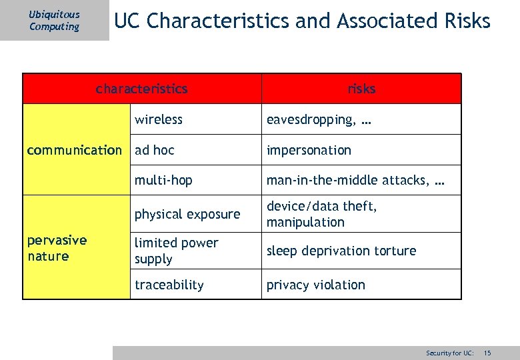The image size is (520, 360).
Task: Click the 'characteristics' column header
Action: click(141, 89)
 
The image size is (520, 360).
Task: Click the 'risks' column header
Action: click(361, 89)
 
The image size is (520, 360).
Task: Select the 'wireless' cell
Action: click(159, 119)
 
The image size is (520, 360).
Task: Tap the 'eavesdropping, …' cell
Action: click(319, 119)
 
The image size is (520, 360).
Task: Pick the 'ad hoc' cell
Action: click(155, 150)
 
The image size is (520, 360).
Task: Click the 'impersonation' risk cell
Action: click(309, 150)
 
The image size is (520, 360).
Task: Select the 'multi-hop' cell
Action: click(163, 180)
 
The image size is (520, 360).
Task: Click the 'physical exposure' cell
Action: click(187, 214)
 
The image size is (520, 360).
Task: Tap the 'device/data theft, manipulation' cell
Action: click(321, 214)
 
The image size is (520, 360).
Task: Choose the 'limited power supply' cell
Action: click(177, 251)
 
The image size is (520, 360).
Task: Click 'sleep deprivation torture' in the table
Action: click(341, 251)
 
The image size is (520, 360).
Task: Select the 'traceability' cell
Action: click(169, 285)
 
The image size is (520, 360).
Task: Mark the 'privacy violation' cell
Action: click(316, 285)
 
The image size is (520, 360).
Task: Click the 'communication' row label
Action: click(75, 150)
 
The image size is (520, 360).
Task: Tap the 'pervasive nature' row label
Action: click(57, 248)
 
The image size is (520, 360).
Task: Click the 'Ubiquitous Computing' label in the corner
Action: click(54, 21)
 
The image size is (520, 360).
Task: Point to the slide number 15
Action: click(487, 352)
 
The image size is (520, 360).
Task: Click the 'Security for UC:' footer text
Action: click(450, 352)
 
